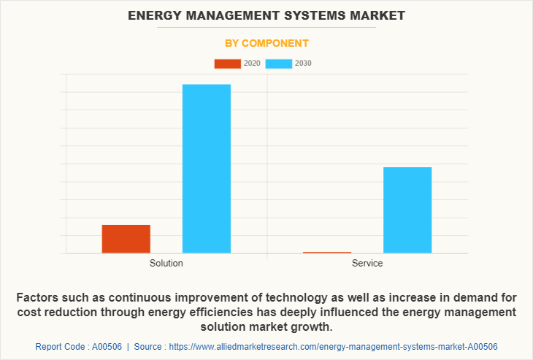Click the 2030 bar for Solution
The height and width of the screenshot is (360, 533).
tap(206, 169)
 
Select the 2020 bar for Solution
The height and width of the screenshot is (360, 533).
tap(126, 239)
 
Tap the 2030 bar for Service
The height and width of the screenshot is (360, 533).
tap(407, 210)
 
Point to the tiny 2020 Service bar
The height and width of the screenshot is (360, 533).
tap(327, 253)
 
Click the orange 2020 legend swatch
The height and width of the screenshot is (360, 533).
tap(227, 64)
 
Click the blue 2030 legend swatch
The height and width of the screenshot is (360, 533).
tap(279, 64)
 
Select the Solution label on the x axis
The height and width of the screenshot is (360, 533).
tap(166, 264)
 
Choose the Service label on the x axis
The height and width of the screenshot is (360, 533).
tap(367, 264)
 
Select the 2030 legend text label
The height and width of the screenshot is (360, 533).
tap(303, 64)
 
